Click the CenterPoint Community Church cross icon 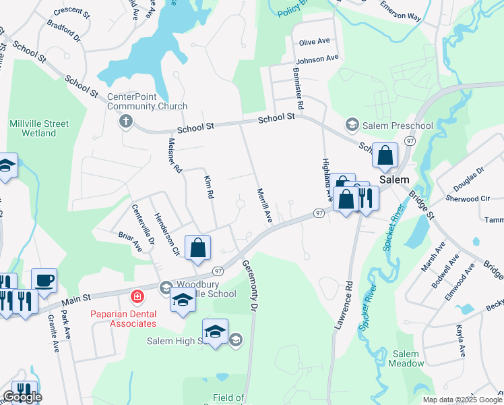125,122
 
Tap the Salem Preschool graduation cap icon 351,124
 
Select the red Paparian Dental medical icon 137,296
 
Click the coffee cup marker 44,279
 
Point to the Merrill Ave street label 263,205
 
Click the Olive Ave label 314,42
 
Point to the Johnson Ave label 317,59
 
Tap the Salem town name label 393,180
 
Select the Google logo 22,397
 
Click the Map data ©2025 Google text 462,400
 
